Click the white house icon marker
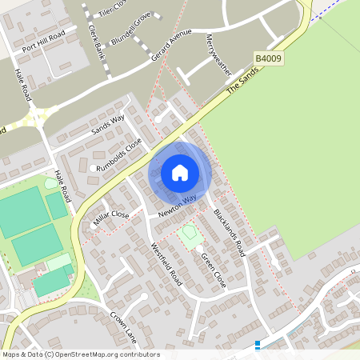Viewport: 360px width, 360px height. pos(180,172)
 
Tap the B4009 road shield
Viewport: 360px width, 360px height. pos(270,59)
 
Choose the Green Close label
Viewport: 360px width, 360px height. pos(214,270)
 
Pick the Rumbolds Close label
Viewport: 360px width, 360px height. pos(118,154)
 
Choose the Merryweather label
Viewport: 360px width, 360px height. pos(218,54)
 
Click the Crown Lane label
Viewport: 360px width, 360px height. pos(124,327)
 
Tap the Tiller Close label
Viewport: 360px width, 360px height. pos(113,8)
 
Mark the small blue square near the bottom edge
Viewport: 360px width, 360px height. pos(258,346)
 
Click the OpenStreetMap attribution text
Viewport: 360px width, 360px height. pos(81,354)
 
